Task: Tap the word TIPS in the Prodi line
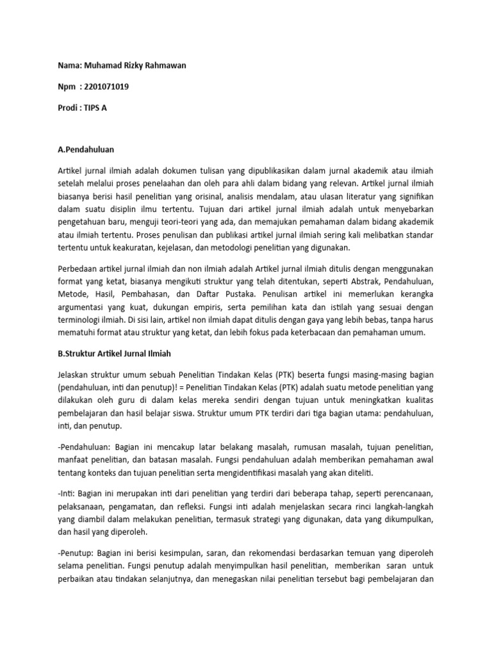93,108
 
